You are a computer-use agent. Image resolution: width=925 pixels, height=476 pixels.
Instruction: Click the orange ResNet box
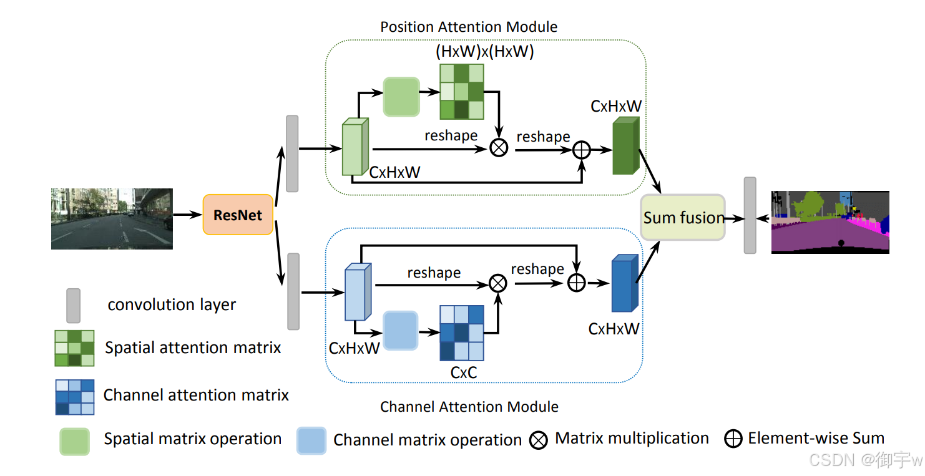(238, 215)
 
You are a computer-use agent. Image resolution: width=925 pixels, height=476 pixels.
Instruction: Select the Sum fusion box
(683, 218)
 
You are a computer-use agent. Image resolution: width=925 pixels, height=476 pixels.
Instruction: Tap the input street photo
(112, 219)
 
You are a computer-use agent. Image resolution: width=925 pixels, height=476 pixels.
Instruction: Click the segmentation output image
(830, 222)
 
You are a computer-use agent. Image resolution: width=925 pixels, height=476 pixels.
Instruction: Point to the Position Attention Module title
(469, 27)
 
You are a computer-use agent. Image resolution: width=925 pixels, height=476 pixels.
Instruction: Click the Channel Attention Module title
(469, 407)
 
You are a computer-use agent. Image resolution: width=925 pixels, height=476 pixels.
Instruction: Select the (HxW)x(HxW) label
(484, 52)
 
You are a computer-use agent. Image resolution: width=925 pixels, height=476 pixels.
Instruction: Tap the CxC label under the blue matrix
(464, 372)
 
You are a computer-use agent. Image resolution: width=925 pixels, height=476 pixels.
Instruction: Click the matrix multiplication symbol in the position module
(499, 148)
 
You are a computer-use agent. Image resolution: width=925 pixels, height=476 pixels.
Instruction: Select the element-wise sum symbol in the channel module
(576, 283)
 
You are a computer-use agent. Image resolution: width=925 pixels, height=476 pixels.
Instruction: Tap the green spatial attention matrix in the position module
(462, 92)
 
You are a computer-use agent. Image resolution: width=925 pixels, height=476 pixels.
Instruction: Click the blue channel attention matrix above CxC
(462, 333)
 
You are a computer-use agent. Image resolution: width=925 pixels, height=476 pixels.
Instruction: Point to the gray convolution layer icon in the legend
(73, 304)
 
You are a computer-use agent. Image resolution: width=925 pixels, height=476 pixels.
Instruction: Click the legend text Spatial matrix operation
(192, 439)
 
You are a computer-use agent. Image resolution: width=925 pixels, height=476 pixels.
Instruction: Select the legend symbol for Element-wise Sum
(733, 439)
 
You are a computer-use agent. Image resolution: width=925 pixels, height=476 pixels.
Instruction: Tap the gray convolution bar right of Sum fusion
(750, 215)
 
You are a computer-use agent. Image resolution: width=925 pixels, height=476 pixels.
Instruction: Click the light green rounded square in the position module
(401, 97)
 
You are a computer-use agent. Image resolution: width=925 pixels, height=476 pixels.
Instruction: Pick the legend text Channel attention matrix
(196, 395)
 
